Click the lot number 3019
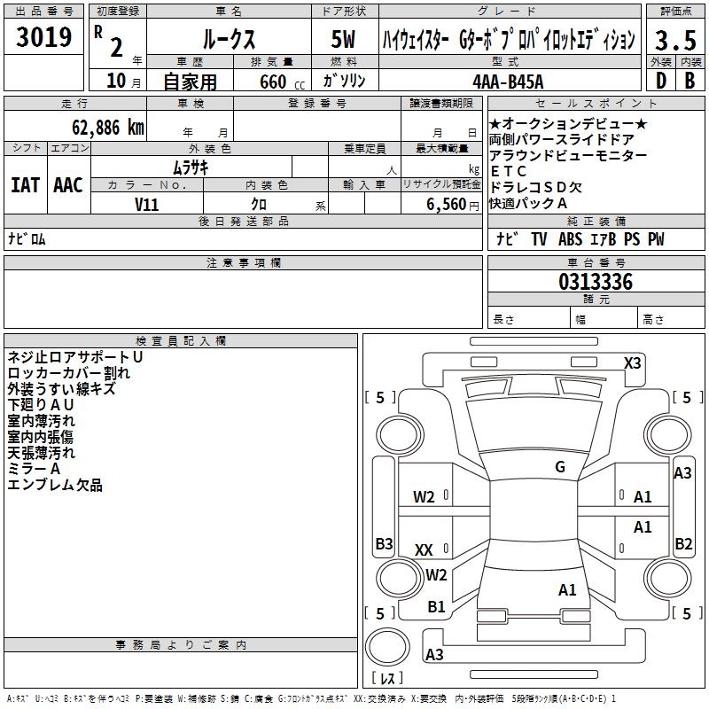[x=43, y=38]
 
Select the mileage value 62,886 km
[x=98, y=127]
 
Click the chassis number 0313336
[x=595, y=283]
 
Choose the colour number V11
[x=147, y=203]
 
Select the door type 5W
[x=344, y=40]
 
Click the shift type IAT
[x=25, y=184]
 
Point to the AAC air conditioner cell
[x=67, y=184]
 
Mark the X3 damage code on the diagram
[x=633, y=362]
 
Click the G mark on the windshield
[x=559, y=467]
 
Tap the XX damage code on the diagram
[x=424, y=550]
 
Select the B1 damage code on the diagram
[x=436, y=606]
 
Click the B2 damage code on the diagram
[x=683, y=543]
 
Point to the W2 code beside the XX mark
[x=436, y=574]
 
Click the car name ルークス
[x=228, y=40]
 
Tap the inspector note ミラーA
[x=34, y=469]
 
